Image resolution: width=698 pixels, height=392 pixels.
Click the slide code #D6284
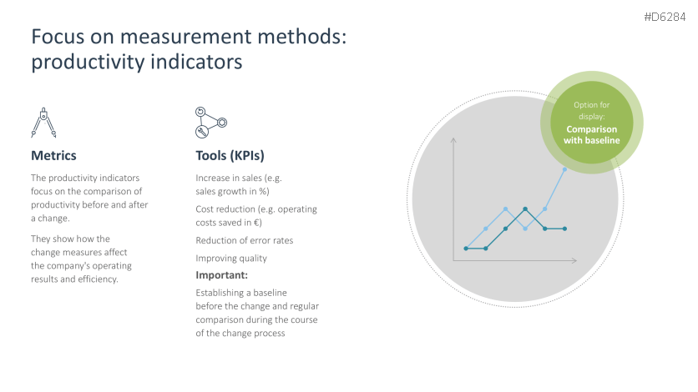coord(665,17)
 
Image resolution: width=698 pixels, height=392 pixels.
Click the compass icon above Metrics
coord(43,123)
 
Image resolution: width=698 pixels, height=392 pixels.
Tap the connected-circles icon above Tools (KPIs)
coord(211,123)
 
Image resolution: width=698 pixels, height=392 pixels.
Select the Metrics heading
coord(53,156)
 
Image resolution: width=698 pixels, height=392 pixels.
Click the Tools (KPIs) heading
coord(230,156)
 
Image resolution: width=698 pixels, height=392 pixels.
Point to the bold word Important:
coord(222,275)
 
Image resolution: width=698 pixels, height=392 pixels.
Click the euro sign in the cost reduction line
coord(256,223)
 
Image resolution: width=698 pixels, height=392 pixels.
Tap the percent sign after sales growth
coord(262,192)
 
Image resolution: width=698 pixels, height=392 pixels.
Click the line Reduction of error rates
coord(245,240)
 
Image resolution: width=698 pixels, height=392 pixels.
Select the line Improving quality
coord(231,259)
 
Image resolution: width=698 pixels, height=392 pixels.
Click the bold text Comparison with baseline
coord(592,134)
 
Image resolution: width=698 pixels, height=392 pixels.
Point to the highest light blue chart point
coord(564,169)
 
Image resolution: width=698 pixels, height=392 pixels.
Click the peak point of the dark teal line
coord(525,209)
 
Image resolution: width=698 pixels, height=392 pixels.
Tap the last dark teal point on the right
coord(564,229)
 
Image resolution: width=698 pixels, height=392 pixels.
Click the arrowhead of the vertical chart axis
coord(453,140)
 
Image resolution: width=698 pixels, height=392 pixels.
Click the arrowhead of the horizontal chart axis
coord(574,260)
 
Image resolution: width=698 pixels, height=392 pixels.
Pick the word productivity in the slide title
coord(87,63)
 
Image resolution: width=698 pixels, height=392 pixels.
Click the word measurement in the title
coord(185,37)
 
